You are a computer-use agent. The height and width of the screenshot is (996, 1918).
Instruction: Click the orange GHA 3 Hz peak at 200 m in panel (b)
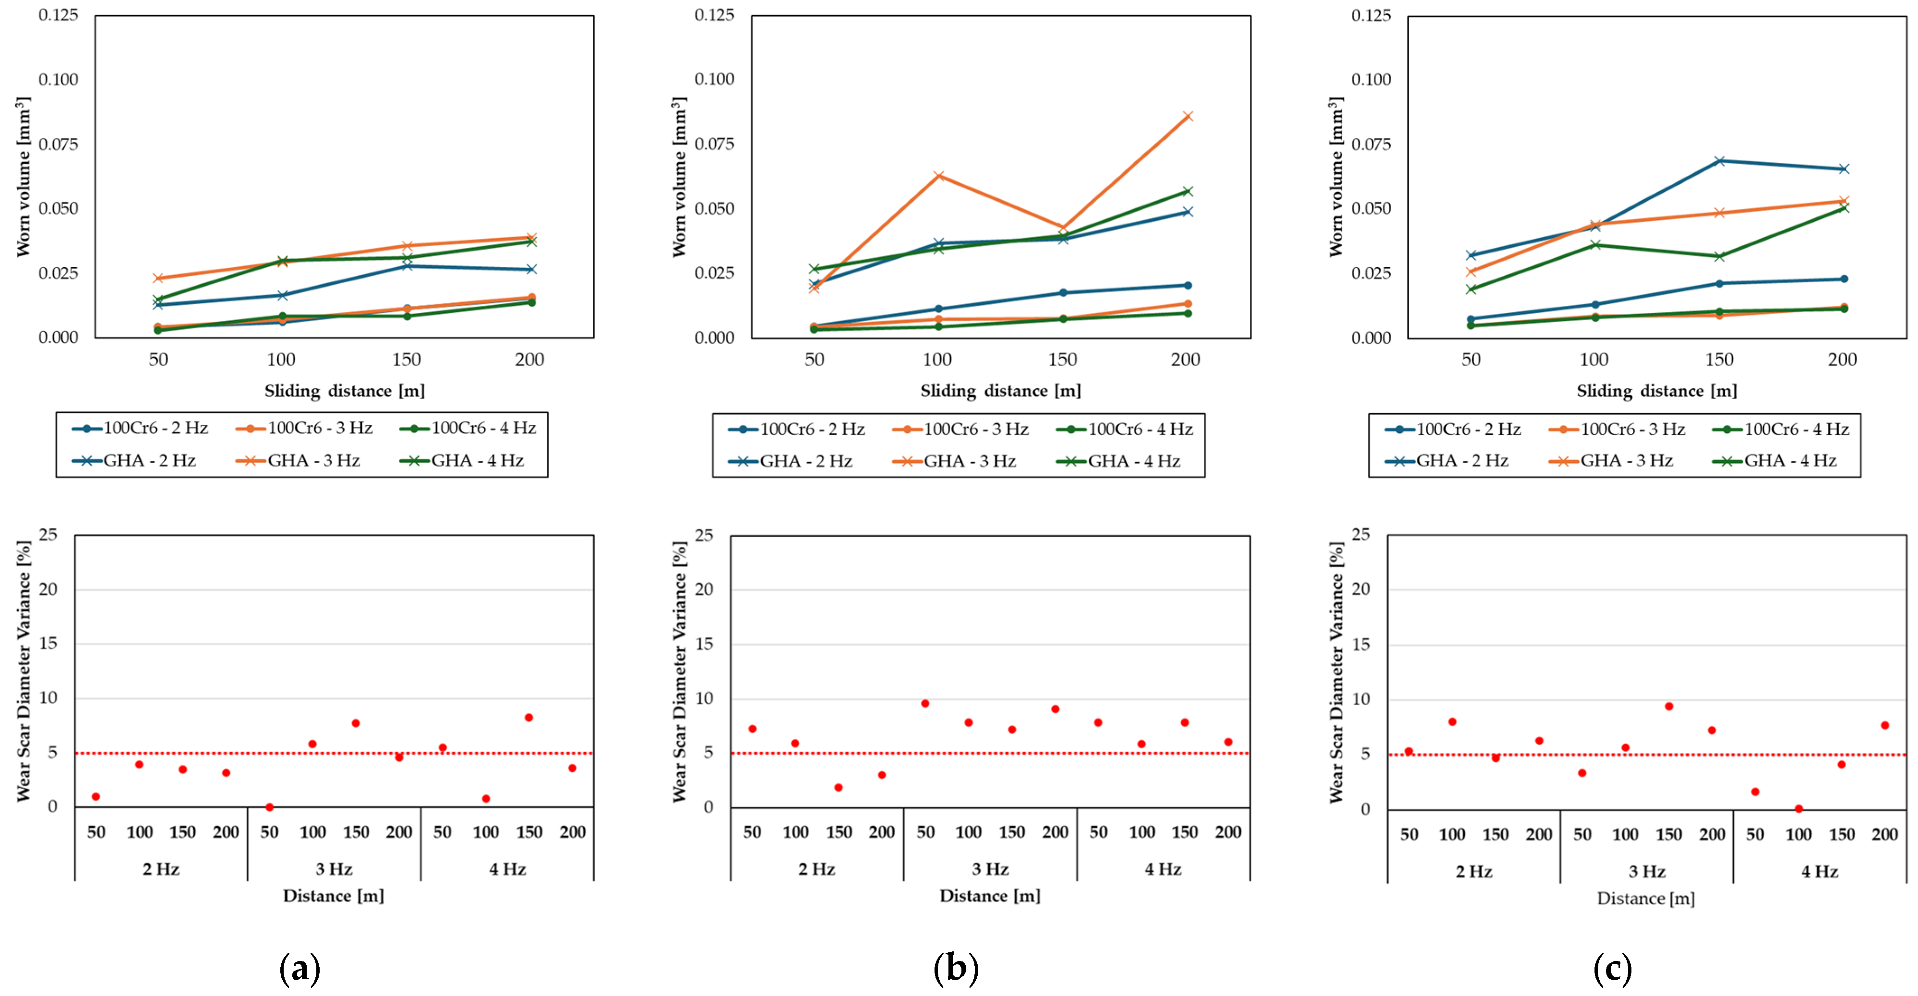(1187, 116)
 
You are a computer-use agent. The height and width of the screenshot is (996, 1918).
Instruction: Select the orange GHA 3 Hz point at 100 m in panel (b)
(938, 176)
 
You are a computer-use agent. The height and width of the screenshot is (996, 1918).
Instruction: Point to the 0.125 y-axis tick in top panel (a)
(58, 15)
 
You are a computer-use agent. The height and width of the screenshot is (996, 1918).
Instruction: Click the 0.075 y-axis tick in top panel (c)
(1371, 144)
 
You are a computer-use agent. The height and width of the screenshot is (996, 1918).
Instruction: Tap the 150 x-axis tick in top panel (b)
(1062, 360)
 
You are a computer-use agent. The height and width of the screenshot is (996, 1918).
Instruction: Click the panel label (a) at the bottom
(300, 969)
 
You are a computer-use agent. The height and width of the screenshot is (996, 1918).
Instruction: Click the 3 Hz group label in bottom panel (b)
(990, 869)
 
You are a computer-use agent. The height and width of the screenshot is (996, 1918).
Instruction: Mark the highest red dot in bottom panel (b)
(925, 704)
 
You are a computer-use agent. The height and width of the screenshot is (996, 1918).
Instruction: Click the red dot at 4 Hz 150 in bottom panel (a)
(528, 718)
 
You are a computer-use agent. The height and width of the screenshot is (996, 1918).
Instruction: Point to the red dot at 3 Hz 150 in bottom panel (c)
(1668, 707)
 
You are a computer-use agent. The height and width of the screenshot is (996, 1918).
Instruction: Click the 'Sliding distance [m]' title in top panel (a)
(344, 391)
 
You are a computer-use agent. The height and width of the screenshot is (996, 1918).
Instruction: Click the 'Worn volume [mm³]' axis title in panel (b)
(679, 177)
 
